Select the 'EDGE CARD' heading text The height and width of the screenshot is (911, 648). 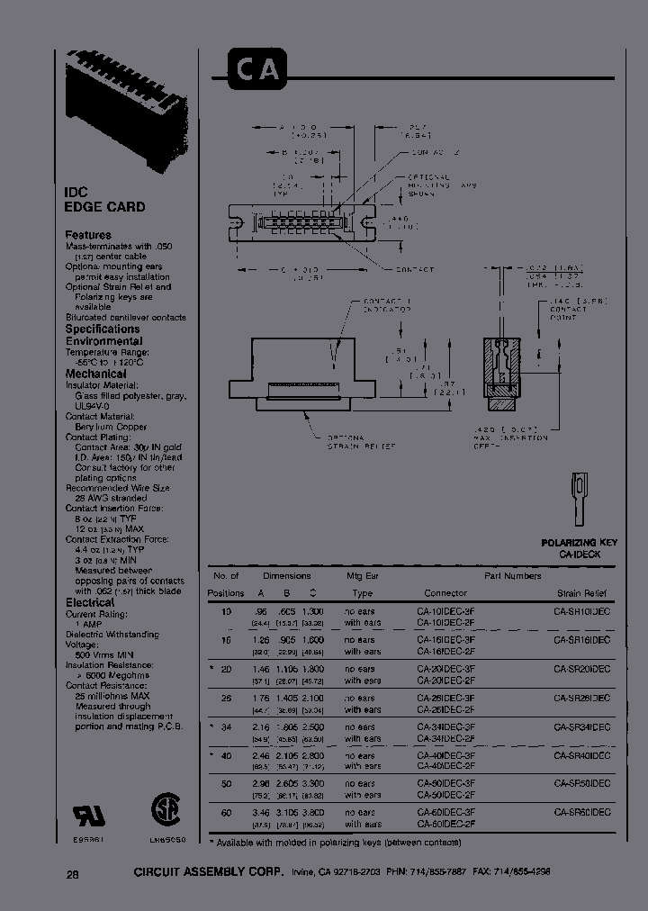(104, 207)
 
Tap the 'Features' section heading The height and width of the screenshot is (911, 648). (88, 235)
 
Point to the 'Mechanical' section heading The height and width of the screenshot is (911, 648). (95, 374)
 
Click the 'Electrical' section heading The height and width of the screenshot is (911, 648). (90, 602)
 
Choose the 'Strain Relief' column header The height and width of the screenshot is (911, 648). (580, 593)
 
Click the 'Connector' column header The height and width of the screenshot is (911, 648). (445, 593)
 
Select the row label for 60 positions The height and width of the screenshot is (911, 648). (225, 812)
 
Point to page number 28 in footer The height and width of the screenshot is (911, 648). (73, 873)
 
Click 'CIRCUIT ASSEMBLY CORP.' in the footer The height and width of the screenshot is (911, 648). (208, 873)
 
